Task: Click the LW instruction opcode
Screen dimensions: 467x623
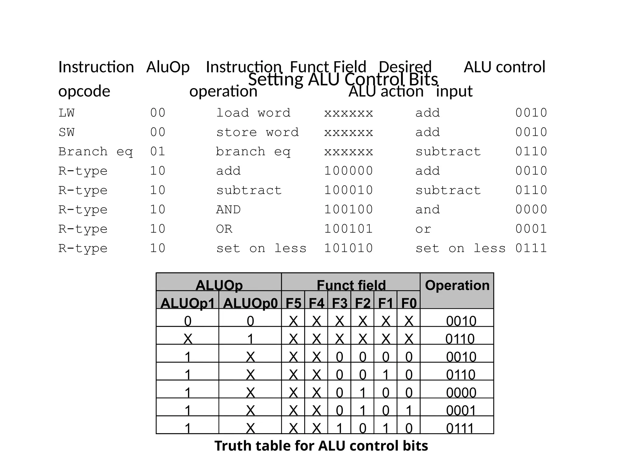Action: coord(66,113)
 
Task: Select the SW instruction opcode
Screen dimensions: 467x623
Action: coord(66,133)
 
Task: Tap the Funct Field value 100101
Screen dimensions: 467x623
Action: coord(348,229)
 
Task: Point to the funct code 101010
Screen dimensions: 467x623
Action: coord(348,248)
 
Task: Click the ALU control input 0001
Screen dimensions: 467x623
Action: coord(531,229)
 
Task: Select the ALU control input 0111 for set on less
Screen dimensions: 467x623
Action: coord(531,248)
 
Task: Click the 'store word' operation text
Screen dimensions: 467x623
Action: coord(257,133)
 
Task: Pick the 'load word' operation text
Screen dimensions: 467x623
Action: coord(253,113)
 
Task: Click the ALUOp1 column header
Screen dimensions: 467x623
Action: coord(188,303)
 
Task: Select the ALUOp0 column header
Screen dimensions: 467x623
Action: coord(250,303)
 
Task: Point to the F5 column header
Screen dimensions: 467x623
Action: coord(293,303)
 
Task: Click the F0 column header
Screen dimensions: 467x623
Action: coord(409,303)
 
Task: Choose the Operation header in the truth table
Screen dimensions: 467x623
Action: coord(457,285)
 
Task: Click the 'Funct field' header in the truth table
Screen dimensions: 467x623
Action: coord(351,285)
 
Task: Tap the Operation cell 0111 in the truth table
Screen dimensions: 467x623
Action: coord(460,428)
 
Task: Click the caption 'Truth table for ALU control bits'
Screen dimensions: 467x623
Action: coord(321,446)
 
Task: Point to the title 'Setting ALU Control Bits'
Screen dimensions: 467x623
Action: coord(343,80)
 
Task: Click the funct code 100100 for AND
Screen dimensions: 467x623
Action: coord(348,210)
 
